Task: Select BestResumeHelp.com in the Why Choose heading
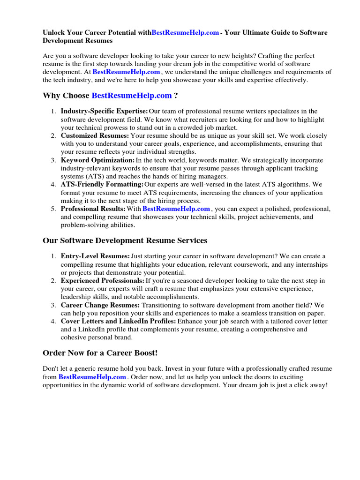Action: (x=132, y=96)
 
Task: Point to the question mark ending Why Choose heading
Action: (x=176, y=96)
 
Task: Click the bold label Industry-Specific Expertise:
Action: (x=104, y=111)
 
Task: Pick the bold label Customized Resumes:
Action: (x=95, y=135)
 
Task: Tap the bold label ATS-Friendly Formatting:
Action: (x=102, y=185)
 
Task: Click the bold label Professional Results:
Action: (x=93, y=209)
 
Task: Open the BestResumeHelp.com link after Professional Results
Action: (x=176, y=209)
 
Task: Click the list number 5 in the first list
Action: (x=53, y=209)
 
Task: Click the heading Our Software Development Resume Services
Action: (x=125, y=240)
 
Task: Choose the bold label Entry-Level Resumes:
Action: (x=95, y=256)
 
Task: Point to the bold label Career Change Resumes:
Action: (x=100, y=305)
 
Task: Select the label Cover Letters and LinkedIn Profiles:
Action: (x=118, y=321)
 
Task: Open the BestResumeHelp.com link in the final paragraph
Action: (x=92, y=377)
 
